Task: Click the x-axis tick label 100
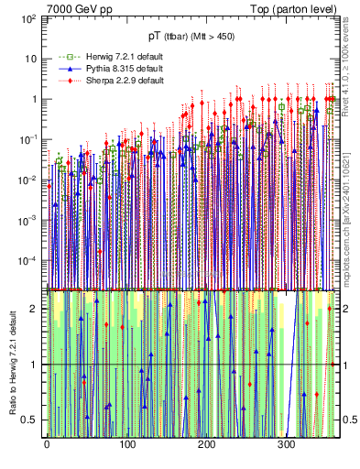[126, 445]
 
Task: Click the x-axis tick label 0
[47, 445]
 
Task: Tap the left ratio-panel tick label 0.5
[29, 420]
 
